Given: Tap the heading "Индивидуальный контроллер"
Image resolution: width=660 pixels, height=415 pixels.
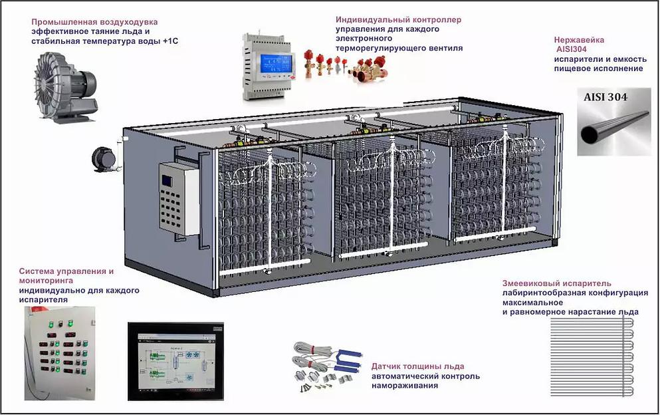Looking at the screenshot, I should click(x=399, y=20).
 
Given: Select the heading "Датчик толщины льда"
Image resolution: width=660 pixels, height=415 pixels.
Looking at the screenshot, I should click(x=418, y=366).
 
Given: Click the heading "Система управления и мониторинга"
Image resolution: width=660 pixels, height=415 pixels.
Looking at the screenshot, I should click(x=66, y=276).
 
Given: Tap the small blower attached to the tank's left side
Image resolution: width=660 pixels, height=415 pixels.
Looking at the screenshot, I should click(x=104, y=160).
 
